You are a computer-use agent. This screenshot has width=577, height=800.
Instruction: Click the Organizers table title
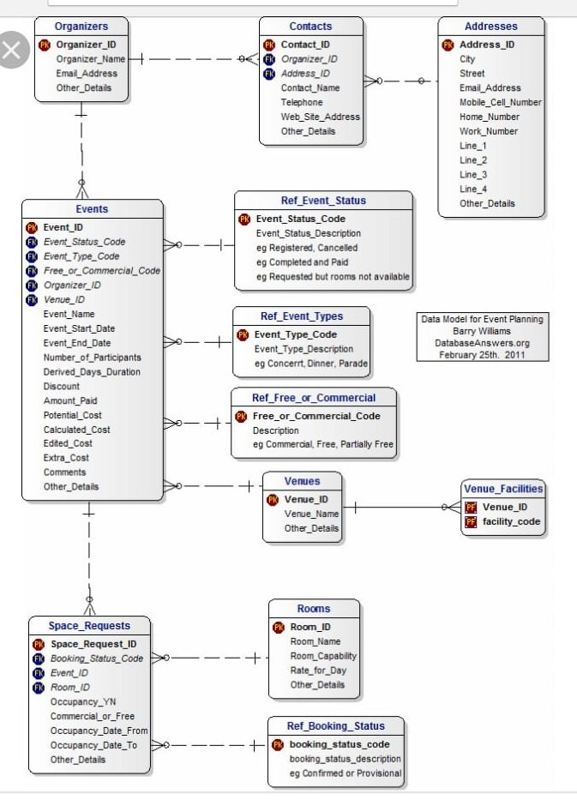pyautogui.click(x=81, y=27)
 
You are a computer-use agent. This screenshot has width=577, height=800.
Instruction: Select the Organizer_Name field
pyautogui.click(x=90, y=59)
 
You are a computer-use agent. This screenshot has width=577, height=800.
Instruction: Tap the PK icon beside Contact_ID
pyautogui.click(x=269, y=45)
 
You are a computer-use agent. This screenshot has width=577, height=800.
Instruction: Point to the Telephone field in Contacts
pyautogui.click(x=302, y=102)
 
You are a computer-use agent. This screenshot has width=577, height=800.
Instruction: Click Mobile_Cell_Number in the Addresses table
pyautogui.click(x=500, y=102)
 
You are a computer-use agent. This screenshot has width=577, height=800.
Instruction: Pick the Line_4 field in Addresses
pyautogui.click(x=472, y=189)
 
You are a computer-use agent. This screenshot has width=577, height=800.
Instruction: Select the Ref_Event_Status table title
pyautogui.click(x=323, y=201)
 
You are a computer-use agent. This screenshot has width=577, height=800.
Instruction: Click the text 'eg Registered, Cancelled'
pyautogui.click(x=307, y=248)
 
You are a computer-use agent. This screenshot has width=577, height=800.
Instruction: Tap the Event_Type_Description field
pyautogui.click(x=304, y=349)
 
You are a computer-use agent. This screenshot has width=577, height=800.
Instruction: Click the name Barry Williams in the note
pyautogui.click(x=482, y=331)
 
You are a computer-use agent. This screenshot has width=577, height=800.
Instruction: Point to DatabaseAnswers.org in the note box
pyautogui.click(x=482, y=343)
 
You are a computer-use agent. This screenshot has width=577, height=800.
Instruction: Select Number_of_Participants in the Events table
pyautogui.click(x=92, y=358)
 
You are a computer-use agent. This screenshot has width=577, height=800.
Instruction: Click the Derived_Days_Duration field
pyautogui.click(x=92, y=372)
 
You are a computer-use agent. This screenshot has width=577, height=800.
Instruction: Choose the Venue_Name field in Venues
pyautogui.click(x=311, y=514)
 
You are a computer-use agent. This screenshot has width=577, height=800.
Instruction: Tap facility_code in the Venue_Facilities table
pyautogui.click(x=511, y=521)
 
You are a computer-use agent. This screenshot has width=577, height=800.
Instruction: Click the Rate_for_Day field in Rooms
pyautogui.click(x=318, y=671)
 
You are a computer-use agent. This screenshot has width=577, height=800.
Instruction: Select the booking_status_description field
pyautogui.click(x=345, y=759)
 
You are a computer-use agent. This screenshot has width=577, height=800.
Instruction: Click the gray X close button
pyautogui.click(x=12, y=51)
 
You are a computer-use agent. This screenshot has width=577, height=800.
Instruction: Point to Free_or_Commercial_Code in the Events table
pyautogui.click(x=101, y=271)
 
